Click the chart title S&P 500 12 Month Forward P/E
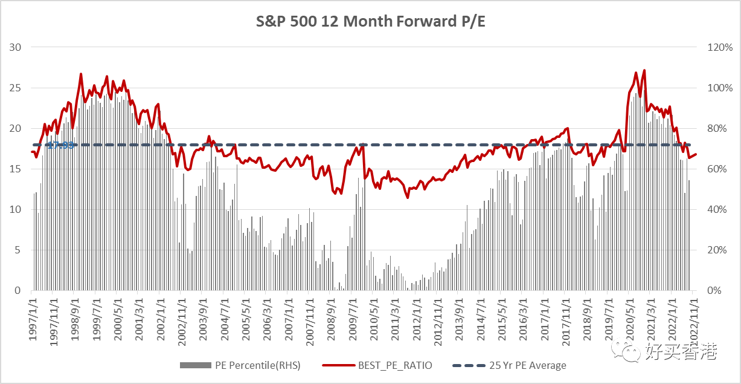371,22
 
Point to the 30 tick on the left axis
16,47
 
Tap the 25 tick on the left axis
16,88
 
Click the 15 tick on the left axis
16,169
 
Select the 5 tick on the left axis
19,250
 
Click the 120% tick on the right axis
713,47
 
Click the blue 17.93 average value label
60,145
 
